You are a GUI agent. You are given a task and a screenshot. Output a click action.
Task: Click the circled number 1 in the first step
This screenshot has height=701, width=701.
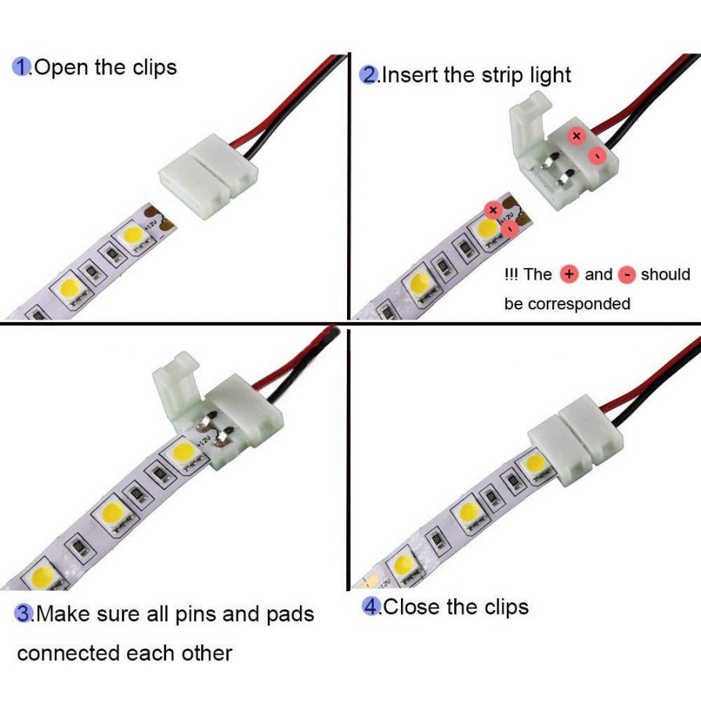click(21, 67)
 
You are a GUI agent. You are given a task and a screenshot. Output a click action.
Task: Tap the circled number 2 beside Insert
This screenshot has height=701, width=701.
click(368, 75)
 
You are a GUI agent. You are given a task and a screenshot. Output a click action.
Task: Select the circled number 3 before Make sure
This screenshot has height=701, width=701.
click(24, 613)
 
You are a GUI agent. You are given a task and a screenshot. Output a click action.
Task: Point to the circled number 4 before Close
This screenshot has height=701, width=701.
click(371, 606)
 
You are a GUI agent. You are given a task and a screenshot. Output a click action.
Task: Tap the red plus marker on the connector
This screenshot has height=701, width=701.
click(577, 136)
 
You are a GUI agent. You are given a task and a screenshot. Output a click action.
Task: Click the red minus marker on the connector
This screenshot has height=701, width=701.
click(597, 157)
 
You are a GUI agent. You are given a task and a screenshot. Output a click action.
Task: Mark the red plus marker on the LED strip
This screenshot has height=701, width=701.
click(493, 209)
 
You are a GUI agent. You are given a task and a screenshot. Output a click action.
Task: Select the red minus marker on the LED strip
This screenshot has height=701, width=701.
click(511, 229)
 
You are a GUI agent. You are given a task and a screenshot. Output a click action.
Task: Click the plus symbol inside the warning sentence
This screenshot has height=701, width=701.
click(569, 275)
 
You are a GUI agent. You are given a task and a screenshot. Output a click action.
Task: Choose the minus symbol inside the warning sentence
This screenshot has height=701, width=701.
click(627, 275)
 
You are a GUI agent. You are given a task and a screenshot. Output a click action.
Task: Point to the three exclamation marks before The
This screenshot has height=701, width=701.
click(511, 275)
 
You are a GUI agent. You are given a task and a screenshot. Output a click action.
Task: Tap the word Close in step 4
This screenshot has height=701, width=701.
click(413, 606)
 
